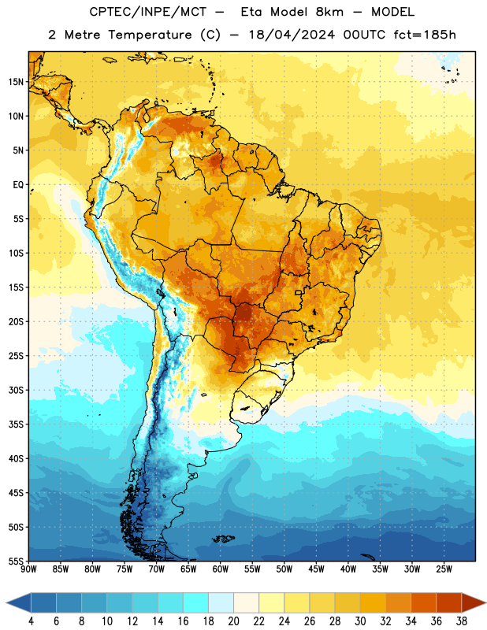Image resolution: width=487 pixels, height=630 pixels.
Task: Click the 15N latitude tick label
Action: [16, 82]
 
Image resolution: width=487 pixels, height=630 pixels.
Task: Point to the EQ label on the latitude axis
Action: [18, 185]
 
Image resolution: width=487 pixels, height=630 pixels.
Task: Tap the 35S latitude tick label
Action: [16, 424]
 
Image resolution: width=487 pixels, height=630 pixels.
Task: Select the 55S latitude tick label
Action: [16, 561]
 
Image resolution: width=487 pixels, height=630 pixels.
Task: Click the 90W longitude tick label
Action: [28, 569]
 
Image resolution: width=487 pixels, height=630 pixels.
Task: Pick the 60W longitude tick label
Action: [221, 569]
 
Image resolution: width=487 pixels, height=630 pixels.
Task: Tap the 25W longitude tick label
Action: [444, 569]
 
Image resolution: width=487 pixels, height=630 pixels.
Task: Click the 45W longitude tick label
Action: [316, 569]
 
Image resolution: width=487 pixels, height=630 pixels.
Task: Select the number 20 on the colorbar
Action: [233, 621]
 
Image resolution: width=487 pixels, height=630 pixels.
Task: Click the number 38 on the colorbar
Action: [462, 621]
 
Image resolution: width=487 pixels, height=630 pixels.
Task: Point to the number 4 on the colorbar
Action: [31, 621]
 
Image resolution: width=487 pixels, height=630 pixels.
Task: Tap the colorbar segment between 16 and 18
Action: [196, 602]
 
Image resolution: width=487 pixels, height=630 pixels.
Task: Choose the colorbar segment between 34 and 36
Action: [423, 602]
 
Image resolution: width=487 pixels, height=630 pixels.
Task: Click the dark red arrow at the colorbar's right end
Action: [472, 602]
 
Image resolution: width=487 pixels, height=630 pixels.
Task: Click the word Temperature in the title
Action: [150, 35]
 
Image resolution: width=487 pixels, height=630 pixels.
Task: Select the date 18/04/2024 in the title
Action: [292, 35]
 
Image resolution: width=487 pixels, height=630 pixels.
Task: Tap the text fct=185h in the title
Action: [425, 35]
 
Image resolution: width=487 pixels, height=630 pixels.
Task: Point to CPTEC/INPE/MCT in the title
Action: [147, 12]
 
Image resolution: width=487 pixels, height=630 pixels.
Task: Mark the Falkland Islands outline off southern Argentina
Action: [223, 539]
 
